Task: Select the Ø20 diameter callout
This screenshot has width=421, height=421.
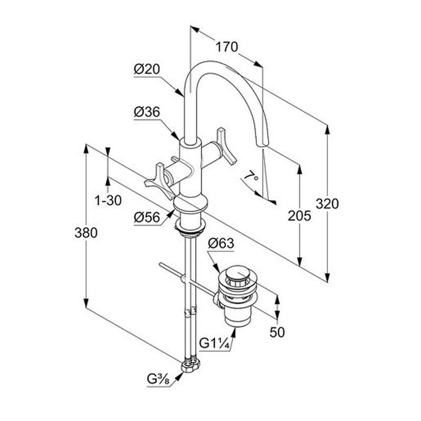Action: (146, 69)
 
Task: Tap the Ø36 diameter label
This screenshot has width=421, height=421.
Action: (146, 112)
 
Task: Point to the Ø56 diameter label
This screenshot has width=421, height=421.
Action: (146, 216)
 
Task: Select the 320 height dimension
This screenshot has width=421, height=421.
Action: (327, 203)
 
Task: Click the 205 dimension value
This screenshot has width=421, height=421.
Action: (300, 215)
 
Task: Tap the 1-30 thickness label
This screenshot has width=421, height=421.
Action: (108, 200)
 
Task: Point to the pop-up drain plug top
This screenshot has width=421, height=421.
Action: (239, 274)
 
